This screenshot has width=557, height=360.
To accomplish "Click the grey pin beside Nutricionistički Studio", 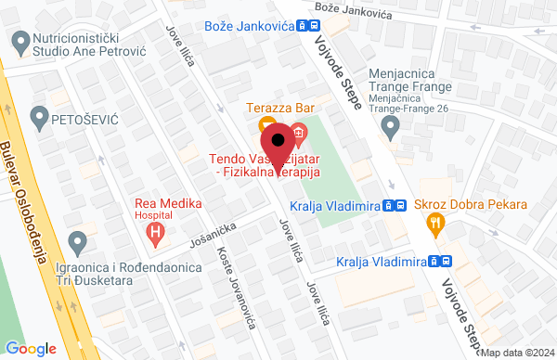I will tap(19, 41).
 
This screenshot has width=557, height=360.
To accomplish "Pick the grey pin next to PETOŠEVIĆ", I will tap(38, 118).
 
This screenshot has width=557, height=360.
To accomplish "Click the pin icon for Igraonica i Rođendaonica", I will tap(78, 243).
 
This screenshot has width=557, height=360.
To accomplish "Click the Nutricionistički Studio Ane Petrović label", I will tap(86, 48).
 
